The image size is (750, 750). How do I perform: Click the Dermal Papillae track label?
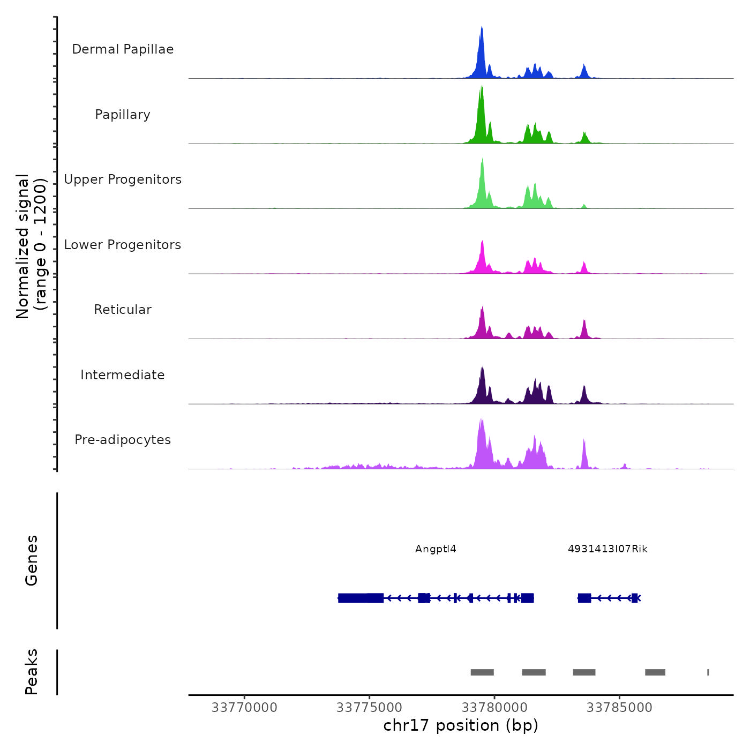(123, 49)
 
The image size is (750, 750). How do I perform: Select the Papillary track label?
(123, 115)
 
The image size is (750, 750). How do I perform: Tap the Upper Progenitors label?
(123, 179)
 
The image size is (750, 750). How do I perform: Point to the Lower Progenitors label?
(123, 245)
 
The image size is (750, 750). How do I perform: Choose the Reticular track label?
(123, 310)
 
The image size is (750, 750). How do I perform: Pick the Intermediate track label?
(123, 375)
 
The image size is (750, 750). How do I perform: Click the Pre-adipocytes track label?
(123, 440)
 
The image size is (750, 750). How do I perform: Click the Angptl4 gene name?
(436, 549)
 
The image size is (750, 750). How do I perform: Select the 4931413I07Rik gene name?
(607, 549)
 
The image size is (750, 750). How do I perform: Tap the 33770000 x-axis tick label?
(244, 708)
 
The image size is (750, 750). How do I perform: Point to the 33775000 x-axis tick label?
(369, 708)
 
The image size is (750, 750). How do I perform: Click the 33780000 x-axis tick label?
(494, 708)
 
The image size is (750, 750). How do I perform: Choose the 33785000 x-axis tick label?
(619, 708)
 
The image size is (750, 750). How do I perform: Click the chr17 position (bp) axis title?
(461, 726)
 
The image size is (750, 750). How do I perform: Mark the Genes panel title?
(32, 560)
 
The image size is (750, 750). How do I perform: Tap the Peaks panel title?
(32, 672)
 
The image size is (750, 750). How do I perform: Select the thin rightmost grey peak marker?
(708, 672)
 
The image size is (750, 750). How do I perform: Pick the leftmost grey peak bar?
(482, 672)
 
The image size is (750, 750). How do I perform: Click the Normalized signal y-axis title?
(31, 246)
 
